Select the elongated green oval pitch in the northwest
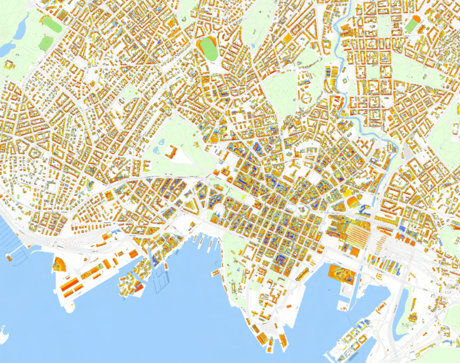50,23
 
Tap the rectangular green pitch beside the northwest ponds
45,43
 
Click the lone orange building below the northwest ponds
9,65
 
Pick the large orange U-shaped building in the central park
172,152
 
